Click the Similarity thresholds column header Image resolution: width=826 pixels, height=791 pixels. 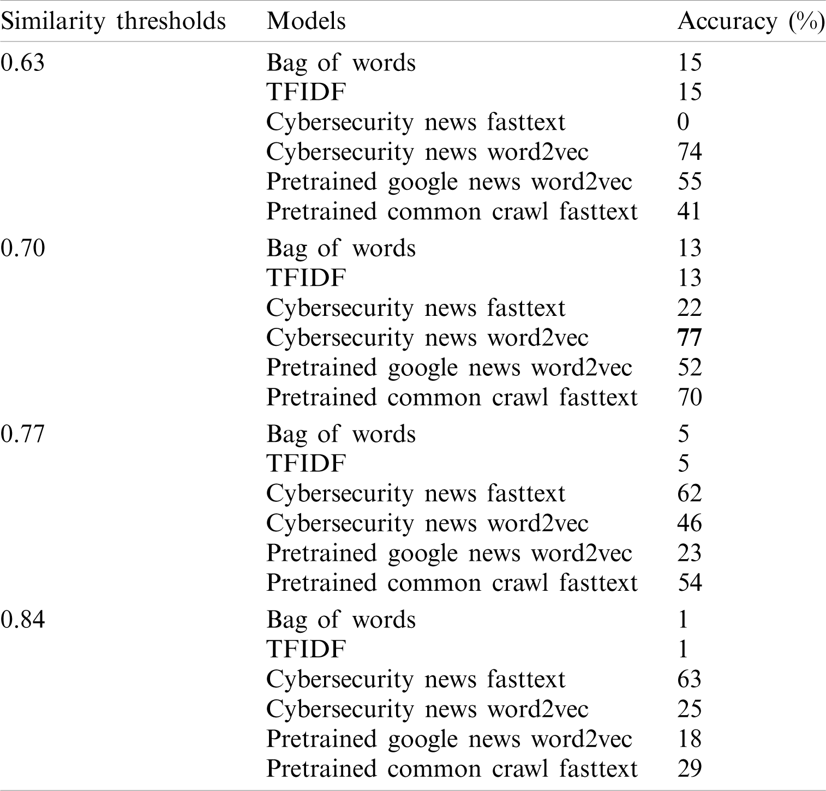(x=113, y=22)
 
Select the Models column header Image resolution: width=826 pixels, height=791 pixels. (x=306, y=22)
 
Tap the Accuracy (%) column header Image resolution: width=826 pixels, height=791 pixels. (x=750, y=22)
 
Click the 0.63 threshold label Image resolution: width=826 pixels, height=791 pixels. (x=22, y=63)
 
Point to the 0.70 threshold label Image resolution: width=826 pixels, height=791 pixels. (x=22, y=248)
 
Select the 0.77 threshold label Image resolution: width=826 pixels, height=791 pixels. (x=22, y=434)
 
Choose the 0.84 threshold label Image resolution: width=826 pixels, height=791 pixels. (x=22, y=620)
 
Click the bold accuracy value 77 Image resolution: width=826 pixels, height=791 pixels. (x=689, y=338)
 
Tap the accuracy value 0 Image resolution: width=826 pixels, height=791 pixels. (x=683, y=122)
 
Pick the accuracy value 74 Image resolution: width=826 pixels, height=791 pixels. (x=689, y=152)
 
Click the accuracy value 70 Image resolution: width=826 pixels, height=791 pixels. (x=689, y=397)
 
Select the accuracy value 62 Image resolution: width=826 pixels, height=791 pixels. (x=689, y=493)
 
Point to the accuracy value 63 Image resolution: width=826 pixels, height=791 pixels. (x=689, y=679)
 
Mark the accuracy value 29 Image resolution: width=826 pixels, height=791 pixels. (x=689, y=769)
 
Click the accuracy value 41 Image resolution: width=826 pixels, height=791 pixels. (x=689, y=211)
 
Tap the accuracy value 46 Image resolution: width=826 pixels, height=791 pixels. (x=689, y=523)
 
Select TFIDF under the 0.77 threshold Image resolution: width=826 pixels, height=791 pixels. (x=306, y=464)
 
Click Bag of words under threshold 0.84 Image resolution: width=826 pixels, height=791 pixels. (x=341, y=620)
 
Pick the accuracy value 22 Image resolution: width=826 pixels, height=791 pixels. (x=689, y=308)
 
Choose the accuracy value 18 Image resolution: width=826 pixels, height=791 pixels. (x=689, y=739)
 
